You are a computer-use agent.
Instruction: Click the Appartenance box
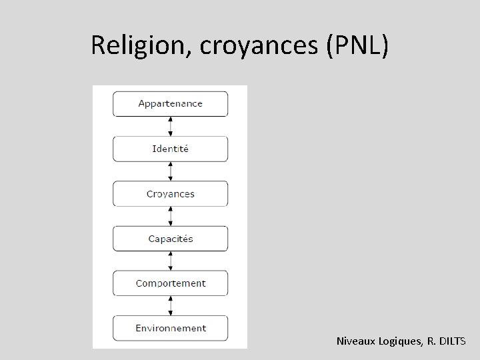[170, 104]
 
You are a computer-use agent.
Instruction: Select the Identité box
[170, 149]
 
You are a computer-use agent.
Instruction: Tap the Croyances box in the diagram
[170, 194]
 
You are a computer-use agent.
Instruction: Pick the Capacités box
[170, 239]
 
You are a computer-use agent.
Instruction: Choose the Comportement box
[170, 283]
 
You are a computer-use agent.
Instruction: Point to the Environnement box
[170, 328]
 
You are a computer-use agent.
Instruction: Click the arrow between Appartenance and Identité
[171, 126]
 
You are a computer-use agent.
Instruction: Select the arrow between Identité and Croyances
[171, 171]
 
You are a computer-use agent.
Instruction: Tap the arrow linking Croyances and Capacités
[171, 216]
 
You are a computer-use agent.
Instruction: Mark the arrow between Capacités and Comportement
[171, 261]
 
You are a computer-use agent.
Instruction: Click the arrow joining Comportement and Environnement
[171, 305]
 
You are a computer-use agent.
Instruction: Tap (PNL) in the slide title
[355, 45]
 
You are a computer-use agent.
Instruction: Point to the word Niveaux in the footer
[359, 342]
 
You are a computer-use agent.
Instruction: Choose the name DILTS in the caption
[453, 342]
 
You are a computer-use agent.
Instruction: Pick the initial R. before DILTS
[431, 342]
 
